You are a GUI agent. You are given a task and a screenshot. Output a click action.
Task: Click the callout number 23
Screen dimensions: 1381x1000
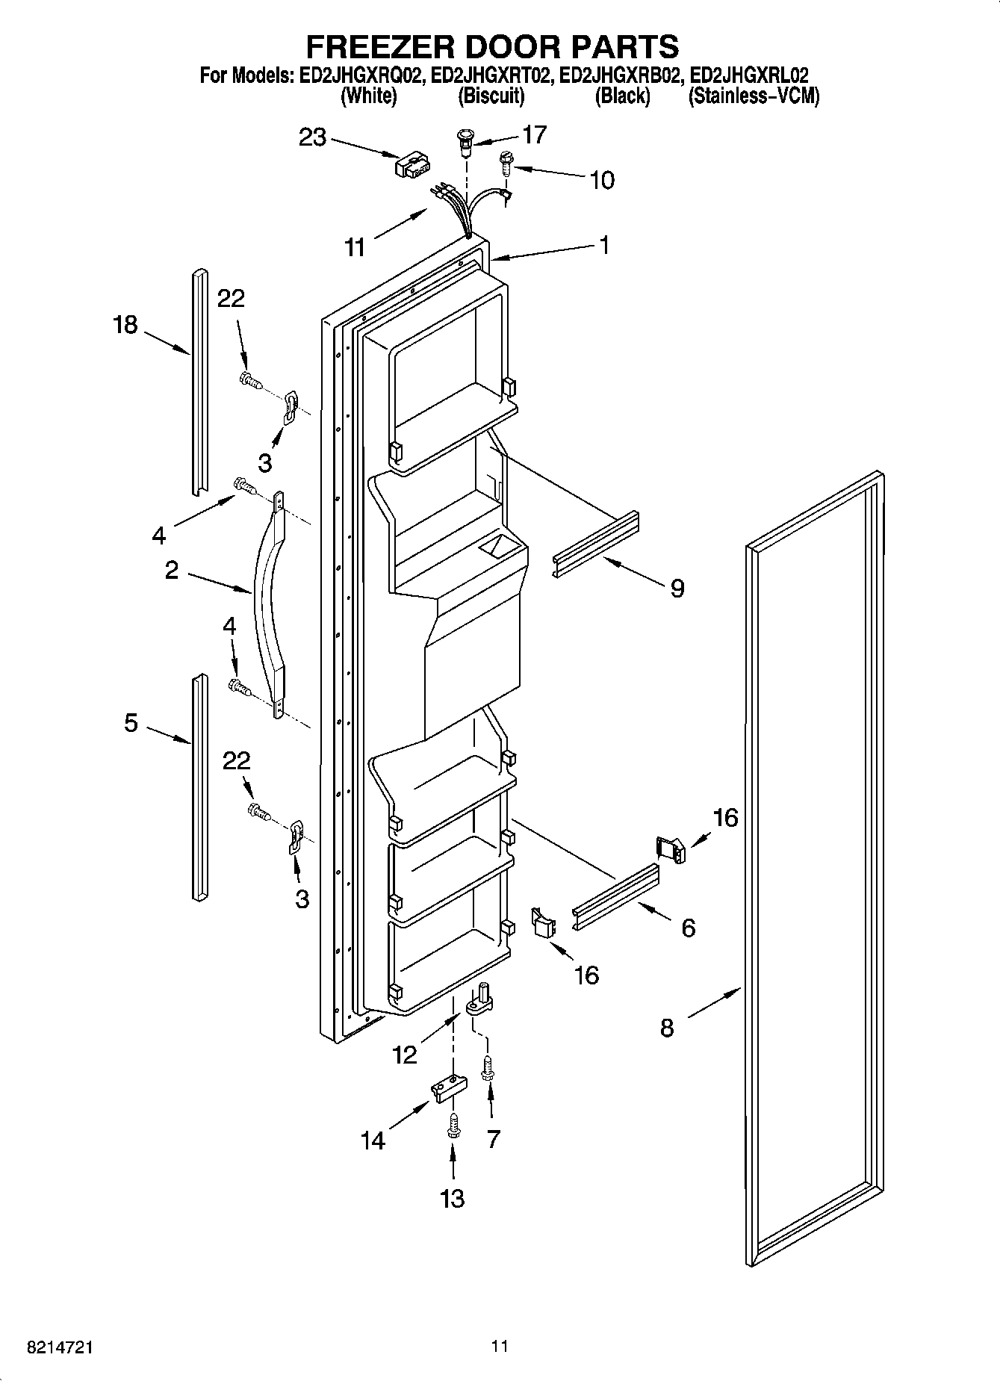click(313, 137)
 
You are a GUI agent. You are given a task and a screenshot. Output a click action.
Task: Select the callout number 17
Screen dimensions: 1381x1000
click(534, 134)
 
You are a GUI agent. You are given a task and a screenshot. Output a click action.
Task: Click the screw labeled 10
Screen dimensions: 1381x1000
click(506, 162)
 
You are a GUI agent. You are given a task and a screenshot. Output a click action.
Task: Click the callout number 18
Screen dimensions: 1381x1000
click(125, 325)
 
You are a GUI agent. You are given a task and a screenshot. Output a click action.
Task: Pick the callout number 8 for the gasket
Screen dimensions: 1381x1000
click(667, 1028)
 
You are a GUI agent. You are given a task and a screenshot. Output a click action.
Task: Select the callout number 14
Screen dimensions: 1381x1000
click(373, 1141)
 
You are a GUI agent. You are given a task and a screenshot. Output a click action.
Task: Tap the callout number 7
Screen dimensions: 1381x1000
click(493, 1139)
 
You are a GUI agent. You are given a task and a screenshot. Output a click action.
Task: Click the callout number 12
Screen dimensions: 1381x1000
click(405, 1055)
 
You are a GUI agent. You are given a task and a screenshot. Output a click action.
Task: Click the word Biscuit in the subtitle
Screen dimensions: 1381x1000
click(491, 96)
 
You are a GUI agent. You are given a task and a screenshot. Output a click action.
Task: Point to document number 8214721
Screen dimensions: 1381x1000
click(60, 1347)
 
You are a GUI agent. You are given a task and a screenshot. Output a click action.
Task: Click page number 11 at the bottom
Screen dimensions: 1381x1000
click(500, 1346)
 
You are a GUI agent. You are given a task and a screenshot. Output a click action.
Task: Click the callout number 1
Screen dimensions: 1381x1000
click(604, 245)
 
